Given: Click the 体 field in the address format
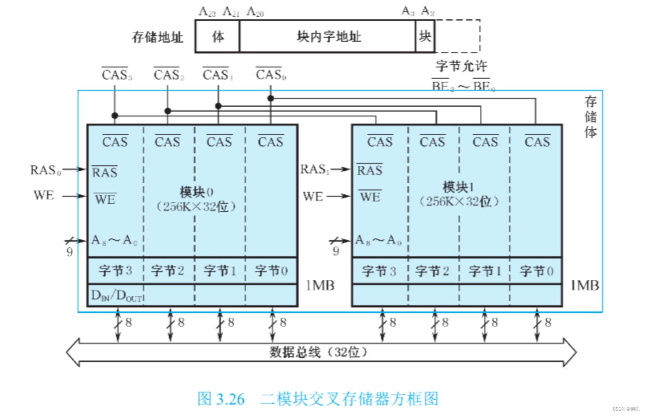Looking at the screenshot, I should tap(218, 37).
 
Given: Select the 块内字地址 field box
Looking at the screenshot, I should tap(328, 37).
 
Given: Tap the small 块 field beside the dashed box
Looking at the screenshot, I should tap(425, 37).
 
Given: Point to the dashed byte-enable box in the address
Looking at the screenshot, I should tap(457, 37).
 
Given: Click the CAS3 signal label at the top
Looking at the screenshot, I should tap(116, 75).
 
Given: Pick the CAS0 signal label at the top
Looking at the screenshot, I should tap(271, 75).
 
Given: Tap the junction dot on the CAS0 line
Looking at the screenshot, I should tap(271, 98).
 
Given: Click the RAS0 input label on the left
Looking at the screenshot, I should tap(45, 170).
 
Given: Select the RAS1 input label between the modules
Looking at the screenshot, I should tap(314, 169).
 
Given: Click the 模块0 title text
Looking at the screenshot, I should tap(196, 192).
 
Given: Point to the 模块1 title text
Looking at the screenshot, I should tap(458, 187).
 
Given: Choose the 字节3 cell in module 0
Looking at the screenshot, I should tap(115, 271).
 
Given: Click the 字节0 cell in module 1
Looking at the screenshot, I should tap(536, 271).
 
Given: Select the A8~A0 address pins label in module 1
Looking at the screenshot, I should tap(378, 240).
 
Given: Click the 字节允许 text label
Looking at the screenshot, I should tap(461, 66).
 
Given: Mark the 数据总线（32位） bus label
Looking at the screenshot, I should tap(318, 352).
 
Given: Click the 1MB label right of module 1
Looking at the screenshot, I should tap(584, 285).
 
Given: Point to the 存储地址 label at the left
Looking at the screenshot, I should tap(157, 37).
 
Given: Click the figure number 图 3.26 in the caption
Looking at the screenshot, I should tap(221, 399).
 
